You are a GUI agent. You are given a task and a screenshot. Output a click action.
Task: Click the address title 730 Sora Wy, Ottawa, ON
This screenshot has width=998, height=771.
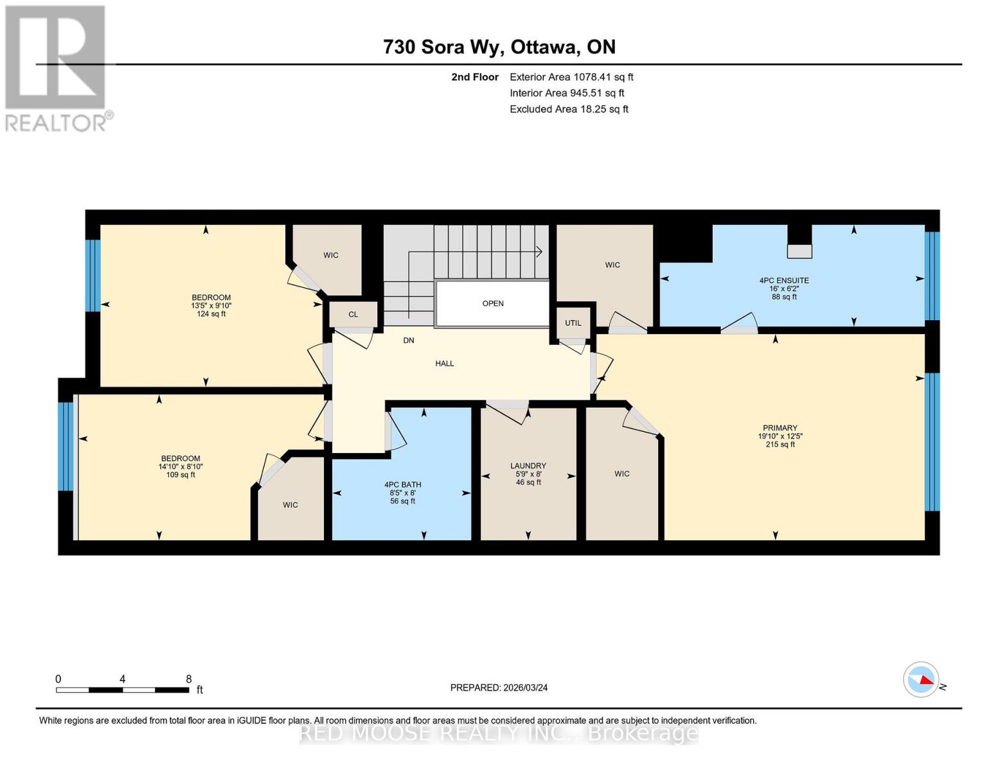pos(499,47)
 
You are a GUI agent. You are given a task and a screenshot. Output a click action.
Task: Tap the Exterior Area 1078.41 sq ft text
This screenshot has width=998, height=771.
pos(571,77)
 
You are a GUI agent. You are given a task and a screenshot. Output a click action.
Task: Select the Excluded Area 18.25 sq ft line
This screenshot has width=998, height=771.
pos(569,109)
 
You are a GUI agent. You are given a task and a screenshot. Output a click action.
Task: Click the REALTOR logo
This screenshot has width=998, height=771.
pos(57,67)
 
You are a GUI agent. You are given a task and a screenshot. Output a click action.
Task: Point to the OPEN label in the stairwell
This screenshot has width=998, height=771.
pos(493,303)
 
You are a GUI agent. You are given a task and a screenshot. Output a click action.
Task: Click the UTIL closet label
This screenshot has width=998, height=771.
pos(573,323)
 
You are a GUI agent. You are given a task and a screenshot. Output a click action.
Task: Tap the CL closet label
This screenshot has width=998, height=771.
pos(353,314)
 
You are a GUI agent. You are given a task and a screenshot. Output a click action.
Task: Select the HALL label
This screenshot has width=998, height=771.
pos(444,364)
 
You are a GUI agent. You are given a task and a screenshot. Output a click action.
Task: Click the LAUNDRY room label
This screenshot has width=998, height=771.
pos(528,466)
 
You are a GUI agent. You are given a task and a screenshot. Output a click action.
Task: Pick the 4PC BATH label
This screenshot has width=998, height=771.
pos(402,484)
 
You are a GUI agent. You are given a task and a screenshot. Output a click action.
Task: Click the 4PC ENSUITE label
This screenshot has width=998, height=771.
pos(783,281)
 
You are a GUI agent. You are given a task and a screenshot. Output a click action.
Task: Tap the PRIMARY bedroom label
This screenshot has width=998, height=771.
pos(780,428)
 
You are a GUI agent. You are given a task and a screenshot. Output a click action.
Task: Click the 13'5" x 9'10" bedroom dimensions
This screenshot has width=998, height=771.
pos(211,306)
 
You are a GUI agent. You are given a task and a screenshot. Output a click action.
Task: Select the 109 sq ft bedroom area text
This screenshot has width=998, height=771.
pos(180,475)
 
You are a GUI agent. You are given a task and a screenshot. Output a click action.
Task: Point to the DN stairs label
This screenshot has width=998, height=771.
pos(409,341)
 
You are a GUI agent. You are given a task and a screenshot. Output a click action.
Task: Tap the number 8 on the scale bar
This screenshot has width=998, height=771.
pos(188,678)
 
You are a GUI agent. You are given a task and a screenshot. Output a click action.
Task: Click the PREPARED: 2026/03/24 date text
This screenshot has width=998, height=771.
pos(499,687)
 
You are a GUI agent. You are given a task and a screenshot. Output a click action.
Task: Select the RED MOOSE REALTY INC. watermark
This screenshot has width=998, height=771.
pos(499,732)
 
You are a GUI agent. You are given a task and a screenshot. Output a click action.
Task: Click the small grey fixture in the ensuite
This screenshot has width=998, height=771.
pos(799,251)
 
